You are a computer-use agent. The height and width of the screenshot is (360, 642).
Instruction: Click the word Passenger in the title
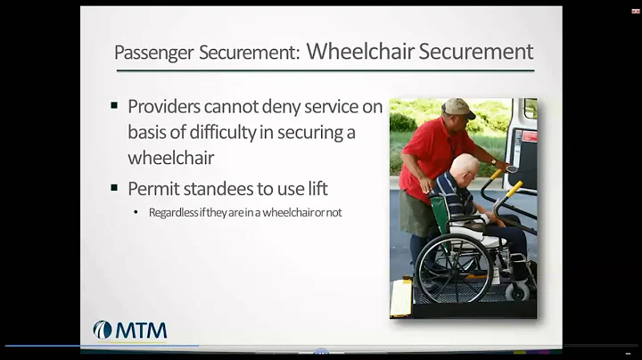click(x=152, y=53)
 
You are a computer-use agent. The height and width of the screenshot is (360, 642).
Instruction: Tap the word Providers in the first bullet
click(x=167, y=107)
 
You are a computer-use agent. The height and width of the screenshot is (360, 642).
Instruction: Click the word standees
click(x=224, y=189)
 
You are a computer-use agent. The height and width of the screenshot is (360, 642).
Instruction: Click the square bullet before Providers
click(x=114, y=105)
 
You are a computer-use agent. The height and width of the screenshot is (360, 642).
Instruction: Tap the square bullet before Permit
click(x=114, y=187)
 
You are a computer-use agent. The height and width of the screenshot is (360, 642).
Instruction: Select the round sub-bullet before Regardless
click(x=136, y=213)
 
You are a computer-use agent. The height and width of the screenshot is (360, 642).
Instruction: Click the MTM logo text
click(x=140, y=331)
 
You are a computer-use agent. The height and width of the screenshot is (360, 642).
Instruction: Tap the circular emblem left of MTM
click(x=103, y=331)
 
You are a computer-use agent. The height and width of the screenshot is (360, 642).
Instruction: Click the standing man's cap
click(x=457, y=108)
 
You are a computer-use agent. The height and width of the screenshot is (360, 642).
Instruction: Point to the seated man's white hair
click(x=465, y=164)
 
